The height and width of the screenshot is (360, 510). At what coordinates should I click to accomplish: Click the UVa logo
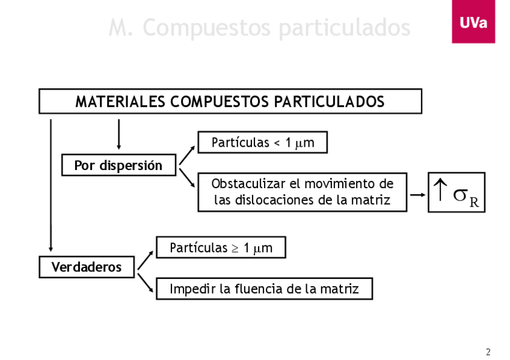pos(473,23)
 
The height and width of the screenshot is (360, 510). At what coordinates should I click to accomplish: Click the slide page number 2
pos(488,352)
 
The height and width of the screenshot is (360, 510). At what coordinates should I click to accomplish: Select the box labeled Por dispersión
pos(118,165)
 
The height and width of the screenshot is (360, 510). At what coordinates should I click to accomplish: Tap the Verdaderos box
pos(87,267)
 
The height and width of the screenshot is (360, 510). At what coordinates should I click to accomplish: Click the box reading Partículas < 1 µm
pos(262,143)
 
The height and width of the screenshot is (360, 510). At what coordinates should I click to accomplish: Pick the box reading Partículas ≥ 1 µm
pos(221,248)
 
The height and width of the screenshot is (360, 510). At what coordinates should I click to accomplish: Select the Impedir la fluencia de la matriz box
pos(264,289)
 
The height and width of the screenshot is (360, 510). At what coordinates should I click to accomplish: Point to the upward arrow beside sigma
pos(440,191)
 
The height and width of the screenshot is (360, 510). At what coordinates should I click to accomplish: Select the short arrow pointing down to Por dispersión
pos(118,134)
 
